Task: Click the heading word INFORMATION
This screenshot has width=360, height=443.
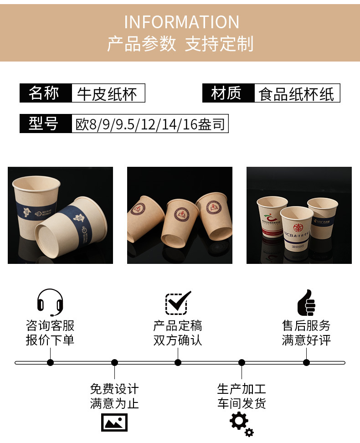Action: point(181,22)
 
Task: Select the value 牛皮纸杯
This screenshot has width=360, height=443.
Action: point(108,93)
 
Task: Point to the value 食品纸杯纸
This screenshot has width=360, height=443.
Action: point(296,94)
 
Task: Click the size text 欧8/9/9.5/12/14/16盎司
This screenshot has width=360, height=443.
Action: point(150,124)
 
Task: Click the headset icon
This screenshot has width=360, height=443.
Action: point(50,302)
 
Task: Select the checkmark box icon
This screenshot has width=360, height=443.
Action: point(177,302)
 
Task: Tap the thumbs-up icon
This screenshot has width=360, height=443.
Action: point(306,302)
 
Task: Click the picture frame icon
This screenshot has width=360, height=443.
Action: point(114,422)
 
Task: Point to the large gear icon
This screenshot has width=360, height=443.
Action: point(238,420)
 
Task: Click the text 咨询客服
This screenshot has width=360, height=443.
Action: point(50,326)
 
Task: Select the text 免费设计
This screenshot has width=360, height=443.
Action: point(114,389)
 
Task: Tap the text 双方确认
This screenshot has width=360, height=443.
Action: point(178,340)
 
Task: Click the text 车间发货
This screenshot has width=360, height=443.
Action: point(242,403)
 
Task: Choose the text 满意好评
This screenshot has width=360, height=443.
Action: point(306,340)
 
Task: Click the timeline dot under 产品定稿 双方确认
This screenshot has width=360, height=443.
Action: point(178,363)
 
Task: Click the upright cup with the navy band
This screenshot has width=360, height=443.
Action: point(36,207)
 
